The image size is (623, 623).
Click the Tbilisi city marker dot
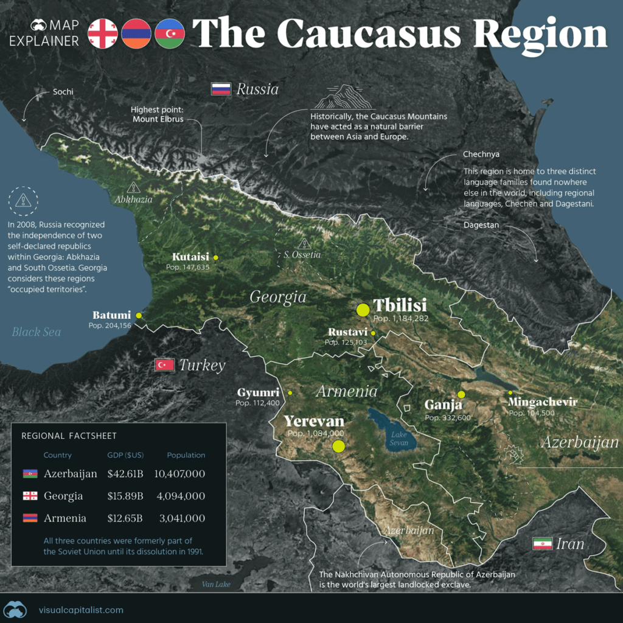point(363,309)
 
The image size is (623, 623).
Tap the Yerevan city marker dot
point(339,447)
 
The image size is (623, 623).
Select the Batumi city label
point(112,315)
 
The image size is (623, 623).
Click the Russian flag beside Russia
point(220,89)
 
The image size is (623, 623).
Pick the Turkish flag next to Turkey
point(165,365)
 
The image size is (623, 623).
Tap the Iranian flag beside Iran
point(542,543)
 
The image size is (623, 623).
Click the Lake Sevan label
point(399,439)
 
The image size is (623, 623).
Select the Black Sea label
point(37,332)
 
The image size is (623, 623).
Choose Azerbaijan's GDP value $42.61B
point(125,474)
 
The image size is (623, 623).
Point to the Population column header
point(186,455)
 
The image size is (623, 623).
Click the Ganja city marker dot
point(461,394)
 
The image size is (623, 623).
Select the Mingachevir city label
point(542,403)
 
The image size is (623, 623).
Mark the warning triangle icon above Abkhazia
point(133,187)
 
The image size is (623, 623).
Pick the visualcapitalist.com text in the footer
point(81,610)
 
